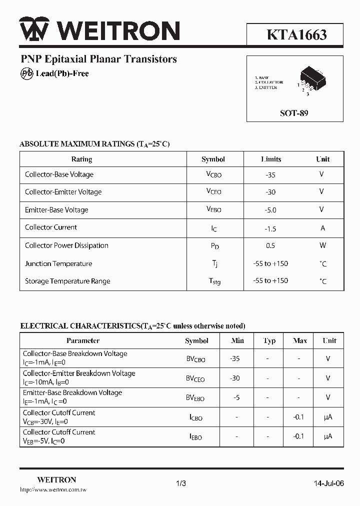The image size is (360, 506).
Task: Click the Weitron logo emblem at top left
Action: [x=34, y=30]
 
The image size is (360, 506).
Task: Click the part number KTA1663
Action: [x=296, y=34]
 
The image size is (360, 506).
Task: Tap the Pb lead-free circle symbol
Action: [x=26, y=73]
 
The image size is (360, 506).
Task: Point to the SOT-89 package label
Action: [x=294, y=113]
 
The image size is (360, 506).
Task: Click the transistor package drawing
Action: [x=311, y=81]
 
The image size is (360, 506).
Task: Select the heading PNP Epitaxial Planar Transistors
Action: [x=98, y=59]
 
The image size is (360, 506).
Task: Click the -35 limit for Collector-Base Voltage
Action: [x=270, y=175]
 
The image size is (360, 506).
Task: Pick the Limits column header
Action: [x=271, y=159]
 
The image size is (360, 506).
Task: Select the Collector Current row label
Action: [x=51, y=227]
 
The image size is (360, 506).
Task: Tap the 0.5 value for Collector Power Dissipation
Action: [x=270, y=245]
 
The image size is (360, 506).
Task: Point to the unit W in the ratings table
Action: [x=322, y=245]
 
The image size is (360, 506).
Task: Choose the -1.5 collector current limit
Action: [x=270, y=228]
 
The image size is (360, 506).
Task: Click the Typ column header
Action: [x=269, y=340]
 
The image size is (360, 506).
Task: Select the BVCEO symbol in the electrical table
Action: [x=195, y=379]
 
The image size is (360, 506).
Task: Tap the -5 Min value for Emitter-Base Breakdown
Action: [x=237, y=398]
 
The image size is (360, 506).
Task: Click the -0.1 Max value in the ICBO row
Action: [x=298, y=417]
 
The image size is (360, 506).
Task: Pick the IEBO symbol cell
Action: [x=195, y=437]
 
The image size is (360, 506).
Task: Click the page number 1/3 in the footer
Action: [x=181, y=483]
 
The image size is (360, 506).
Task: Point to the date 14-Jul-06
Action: [x=328, y=483]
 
